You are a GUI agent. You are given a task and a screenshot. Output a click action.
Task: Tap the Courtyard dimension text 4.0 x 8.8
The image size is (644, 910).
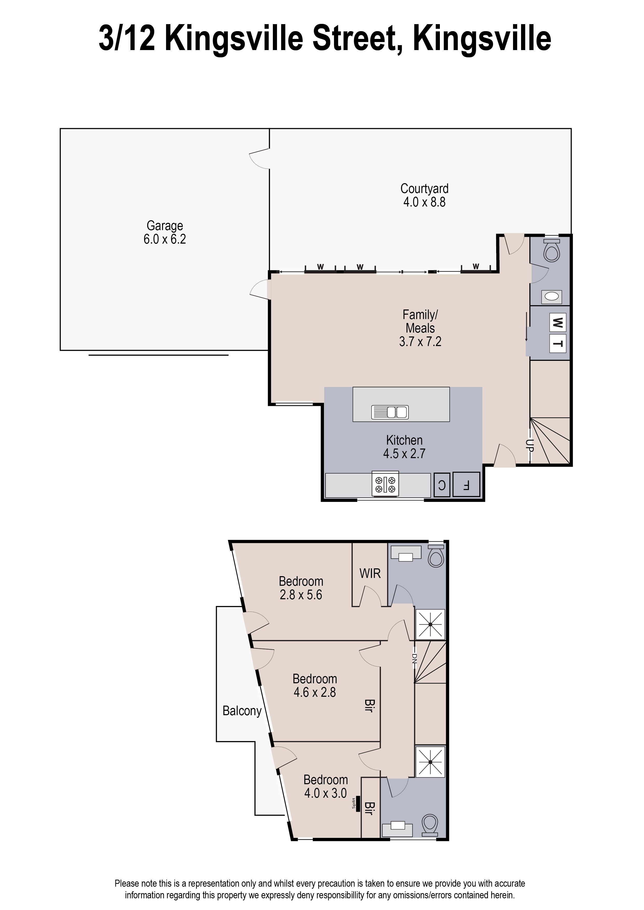pos(424,202)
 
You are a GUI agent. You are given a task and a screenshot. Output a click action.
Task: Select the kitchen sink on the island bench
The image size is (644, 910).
pos(390,412)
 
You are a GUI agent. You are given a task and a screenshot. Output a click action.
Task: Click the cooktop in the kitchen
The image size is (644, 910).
pos(385,484)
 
